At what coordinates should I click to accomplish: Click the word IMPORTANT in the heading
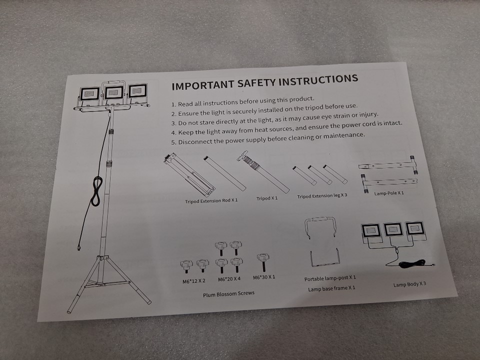click(202, 85)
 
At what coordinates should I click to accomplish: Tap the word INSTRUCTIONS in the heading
click(318, 81)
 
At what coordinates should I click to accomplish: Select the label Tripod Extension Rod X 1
click(211, 201)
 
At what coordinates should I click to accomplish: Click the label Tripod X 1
click(267, 198)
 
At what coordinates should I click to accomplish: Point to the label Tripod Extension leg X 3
click(322, 196)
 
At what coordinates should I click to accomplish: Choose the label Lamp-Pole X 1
click(389, 193)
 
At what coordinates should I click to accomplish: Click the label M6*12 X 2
click(194, 281)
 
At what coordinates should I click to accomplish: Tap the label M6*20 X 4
click(229, 279)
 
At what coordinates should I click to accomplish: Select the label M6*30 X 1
click(264, 277)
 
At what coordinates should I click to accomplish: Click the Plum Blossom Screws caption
click(228, 294)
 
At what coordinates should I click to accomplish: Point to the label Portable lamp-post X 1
click(330, 278)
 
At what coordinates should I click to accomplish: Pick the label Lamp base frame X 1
click(331, 288)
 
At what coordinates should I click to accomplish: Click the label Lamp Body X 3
click(409, 284)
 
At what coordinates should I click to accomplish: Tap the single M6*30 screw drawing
click(263, 262)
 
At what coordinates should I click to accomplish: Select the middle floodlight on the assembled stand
click(114, 92)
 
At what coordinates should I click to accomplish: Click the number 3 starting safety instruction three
click(173, 123)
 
